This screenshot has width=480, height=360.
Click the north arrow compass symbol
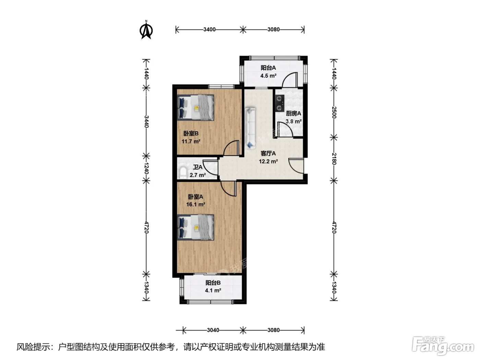point(146,30)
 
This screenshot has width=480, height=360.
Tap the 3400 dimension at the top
point(209,29)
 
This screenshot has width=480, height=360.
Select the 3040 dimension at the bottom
point(213,330)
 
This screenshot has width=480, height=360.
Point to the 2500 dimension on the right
point(334,112)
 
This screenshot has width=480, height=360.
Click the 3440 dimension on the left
point(146,122)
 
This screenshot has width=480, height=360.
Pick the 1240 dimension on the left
point(146,168)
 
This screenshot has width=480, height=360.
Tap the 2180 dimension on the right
point(334,159)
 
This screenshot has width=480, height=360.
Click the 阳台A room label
point(268,68)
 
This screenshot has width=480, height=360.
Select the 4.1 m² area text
point(213,290)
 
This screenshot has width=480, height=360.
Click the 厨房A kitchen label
point(293,113)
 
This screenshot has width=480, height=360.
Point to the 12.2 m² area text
point(268,161)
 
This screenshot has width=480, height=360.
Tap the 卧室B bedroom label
point(191,133)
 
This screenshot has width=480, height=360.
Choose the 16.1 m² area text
point(195,205)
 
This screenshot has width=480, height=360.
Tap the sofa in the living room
point(250,128)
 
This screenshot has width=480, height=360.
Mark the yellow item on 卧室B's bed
point(196,108)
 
